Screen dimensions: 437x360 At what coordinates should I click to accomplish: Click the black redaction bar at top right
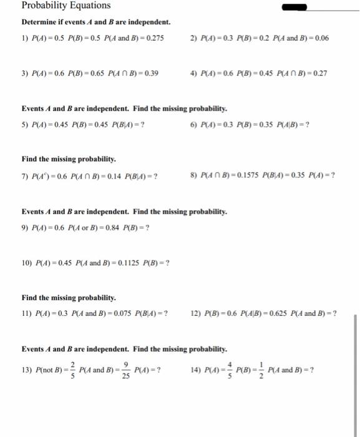295,7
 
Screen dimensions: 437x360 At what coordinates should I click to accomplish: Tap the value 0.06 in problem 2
320,38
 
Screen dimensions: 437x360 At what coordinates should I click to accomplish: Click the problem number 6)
194,124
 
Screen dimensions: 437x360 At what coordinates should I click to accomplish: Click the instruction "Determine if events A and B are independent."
96,22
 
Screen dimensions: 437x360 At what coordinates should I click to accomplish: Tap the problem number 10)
28,262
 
